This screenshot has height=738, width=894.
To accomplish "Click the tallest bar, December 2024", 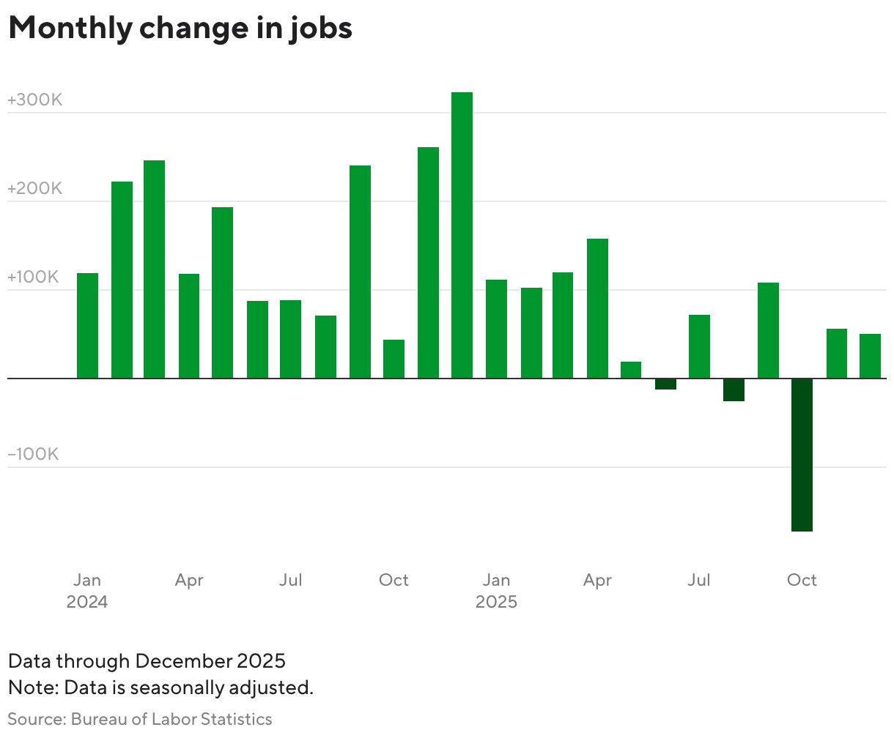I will (x=462, y=235).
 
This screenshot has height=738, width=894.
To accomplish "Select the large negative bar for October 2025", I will (x=802, y=454).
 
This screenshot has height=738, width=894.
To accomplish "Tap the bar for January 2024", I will (x=87, y=326).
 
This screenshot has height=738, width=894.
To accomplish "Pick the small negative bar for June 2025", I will (x=665, y=384).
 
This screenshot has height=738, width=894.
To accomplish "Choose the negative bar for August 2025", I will (x=734, y=390).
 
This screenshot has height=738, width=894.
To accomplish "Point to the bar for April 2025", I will (x=597, y=308).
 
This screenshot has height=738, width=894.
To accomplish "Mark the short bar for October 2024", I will (x=394, y=359).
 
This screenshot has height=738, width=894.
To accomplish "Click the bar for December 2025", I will (x=870, y=356).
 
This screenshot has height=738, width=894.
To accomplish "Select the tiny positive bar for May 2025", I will (x=631, y=370).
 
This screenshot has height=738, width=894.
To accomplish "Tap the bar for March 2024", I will (x=154, y=269).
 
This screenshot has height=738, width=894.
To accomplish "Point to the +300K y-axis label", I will (x=34, y=100).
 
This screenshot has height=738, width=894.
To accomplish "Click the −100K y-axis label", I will (x=33, y=455).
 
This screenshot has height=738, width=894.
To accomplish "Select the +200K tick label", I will (x=34, y=189).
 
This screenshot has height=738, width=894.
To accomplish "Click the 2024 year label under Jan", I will (x=87, y=602).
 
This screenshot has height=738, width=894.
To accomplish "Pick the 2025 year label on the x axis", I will (x=496, y=602).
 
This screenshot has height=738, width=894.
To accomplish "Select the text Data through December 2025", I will (x=147, y=661).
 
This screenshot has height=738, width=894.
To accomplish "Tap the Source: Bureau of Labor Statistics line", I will (x=140, y=719).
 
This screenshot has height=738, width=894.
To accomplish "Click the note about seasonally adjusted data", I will (x=160, y=688).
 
